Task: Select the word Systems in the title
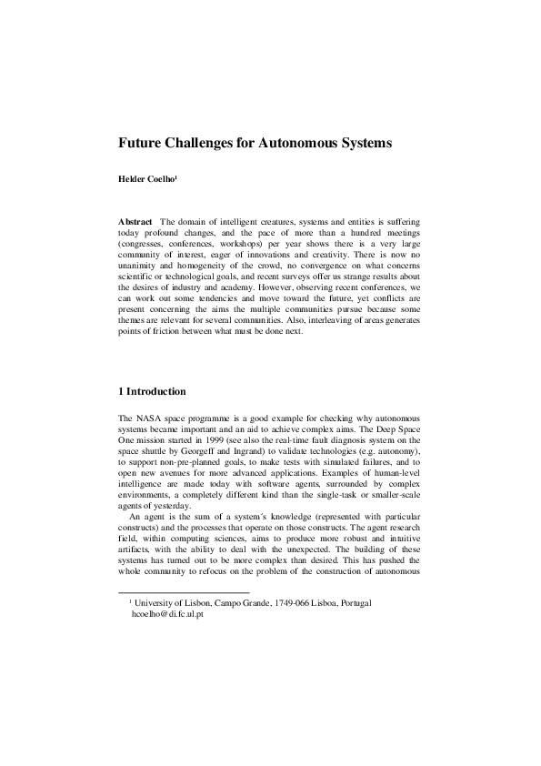pos(357,144)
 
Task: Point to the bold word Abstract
pos(135,222)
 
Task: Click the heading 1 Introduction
pos(153,392)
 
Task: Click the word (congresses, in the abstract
pos(145,246)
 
